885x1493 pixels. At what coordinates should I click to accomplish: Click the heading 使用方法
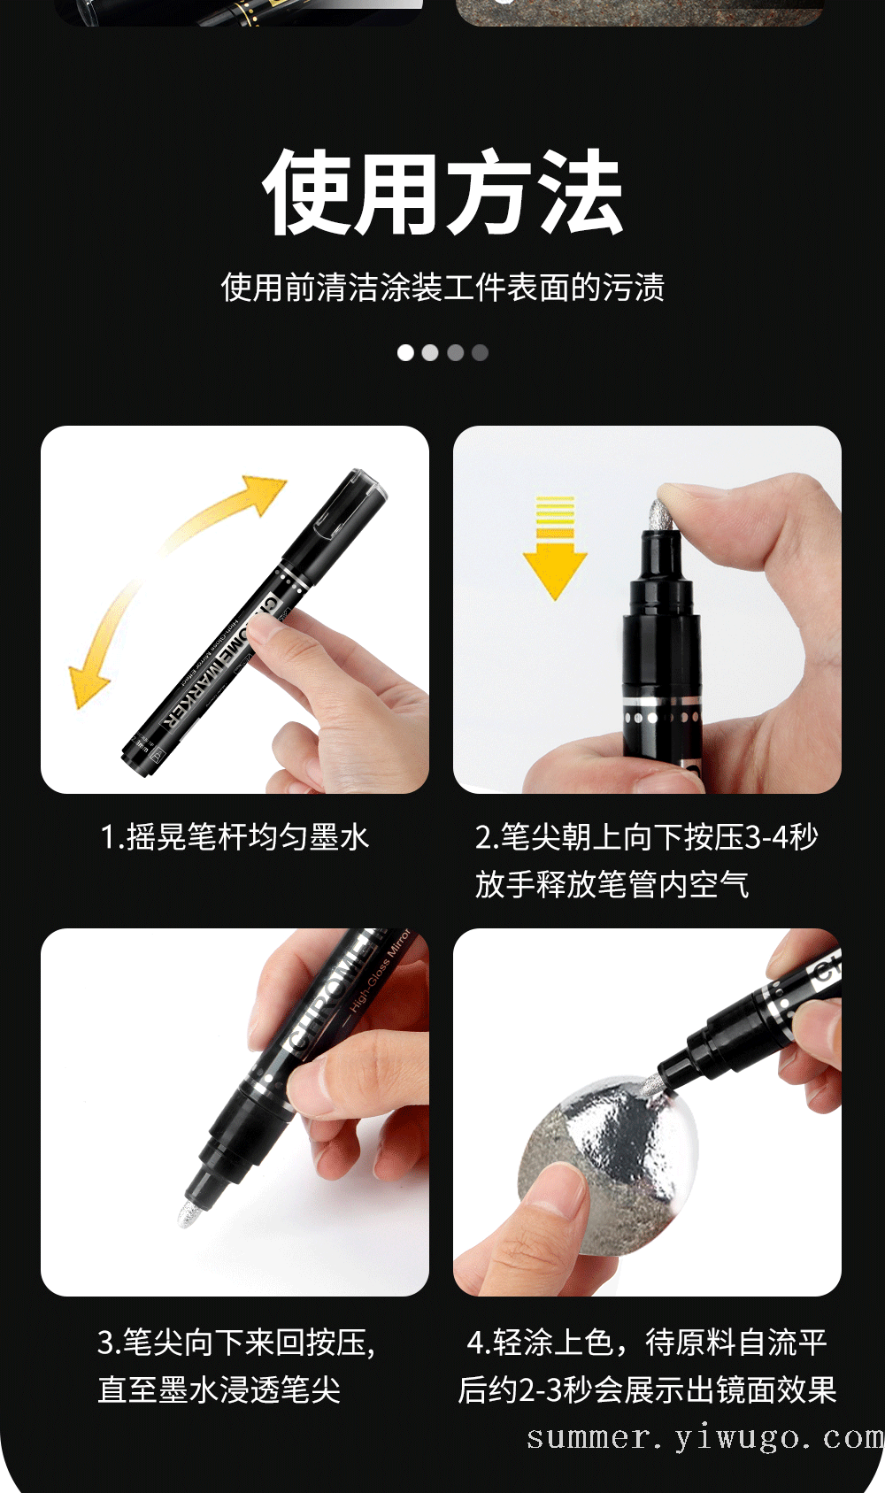(443, 193)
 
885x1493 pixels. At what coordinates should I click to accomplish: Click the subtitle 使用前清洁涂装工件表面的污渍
(443, 288)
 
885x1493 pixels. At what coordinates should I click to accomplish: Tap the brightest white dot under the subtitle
(405, 352)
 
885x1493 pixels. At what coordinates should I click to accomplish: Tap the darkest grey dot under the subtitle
(480, 352)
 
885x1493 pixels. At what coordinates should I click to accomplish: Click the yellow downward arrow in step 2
(555, 548)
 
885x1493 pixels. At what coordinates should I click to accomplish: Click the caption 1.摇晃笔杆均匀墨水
(235, 837)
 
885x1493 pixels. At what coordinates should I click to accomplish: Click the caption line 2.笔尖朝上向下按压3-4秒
(646, 837)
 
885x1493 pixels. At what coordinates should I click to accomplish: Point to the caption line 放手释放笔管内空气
(612, 885)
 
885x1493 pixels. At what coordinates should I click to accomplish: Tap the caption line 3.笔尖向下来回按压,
(236, 1343)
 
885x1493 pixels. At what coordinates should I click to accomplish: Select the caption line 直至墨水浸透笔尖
(219, 1390)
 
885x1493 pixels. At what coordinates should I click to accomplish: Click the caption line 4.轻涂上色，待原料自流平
(646, 1343)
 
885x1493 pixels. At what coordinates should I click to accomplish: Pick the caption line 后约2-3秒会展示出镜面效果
(647, 1390)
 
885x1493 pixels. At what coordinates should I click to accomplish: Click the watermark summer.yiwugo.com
(705, 1438)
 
